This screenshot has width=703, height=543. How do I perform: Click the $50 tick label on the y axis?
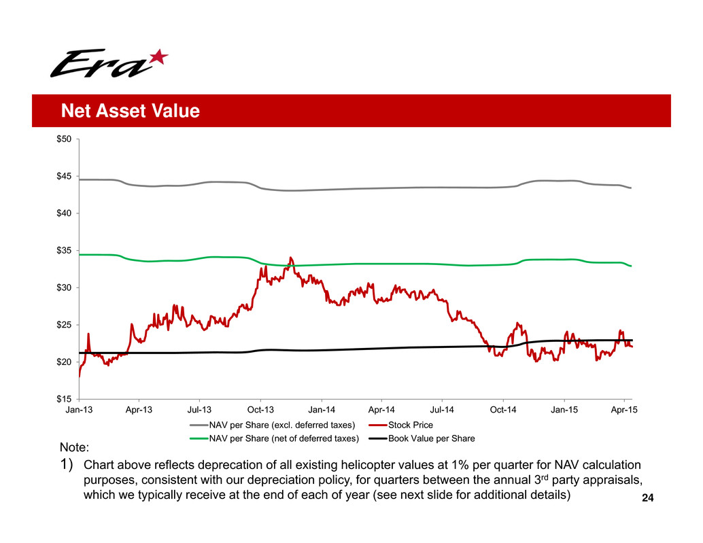click(65, 139)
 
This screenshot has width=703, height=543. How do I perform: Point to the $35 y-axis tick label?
click(65, 251)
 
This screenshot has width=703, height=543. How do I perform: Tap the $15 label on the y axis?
click(65, 399)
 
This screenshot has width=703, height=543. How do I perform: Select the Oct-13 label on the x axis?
click(260, 410)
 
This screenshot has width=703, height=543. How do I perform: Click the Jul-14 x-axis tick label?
click(442, 410)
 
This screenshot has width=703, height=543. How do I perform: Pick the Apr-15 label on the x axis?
click(624, 410)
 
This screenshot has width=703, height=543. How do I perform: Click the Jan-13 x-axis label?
click(79, 410)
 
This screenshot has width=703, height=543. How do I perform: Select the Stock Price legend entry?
click(410, 425)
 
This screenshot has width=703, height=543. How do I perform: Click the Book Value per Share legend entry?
click(431, 438)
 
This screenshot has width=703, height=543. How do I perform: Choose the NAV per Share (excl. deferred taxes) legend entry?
click(282, 425)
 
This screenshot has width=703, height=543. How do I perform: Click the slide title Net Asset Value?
click(129, 111)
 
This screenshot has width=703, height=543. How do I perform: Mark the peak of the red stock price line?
click(291, 258)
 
